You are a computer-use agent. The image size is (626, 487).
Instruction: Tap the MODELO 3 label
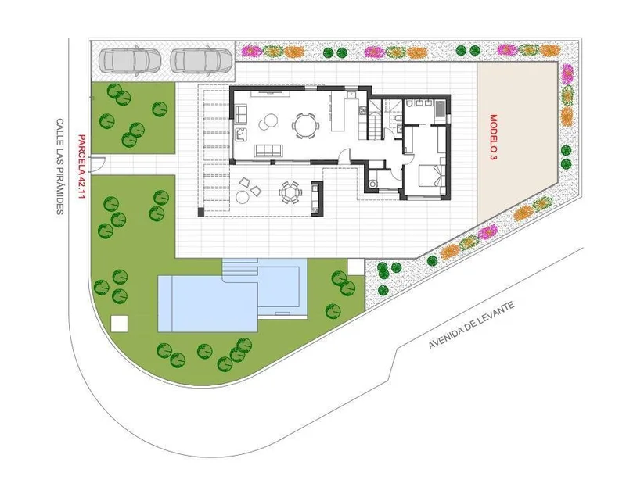(494, 138)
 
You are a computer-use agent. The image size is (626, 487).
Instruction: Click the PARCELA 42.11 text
(81, 167)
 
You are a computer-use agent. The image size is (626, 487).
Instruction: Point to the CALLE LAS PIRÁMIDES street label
(59, 167)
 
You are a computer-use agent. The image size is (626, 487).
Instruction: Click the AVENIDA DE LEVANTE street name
(471, 324)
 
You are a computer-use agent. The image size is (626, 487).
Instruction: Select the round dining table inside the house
(305, 125)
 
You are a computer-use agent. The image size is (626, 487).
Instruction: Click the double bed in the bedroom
(430, 175)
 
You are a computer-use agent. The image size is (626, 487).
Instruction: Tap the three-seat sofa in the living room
(268, 150)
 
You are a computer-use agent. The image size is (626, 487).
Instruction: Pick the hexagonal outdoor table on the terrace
(290, 192)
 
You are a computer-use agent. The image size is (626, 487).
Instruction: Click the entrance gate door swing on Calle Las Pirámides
(98, 164)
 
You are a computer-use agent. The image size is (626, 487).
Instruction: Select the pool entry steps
(240, 267)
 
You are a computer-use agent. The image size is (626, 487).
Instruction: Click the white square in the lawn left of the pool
(120, 324)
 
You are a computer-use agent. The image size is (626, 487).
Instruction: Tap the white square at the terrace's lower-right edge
(355, 267)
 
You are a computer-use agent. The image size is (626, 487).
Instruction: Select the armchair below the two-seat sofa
(241, 134)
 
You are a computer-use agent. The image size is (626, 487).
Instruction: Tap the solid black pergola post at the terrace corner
(200, 212)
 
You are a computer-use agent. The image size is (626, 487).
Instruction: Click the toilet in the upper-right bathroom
(410, 105)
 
